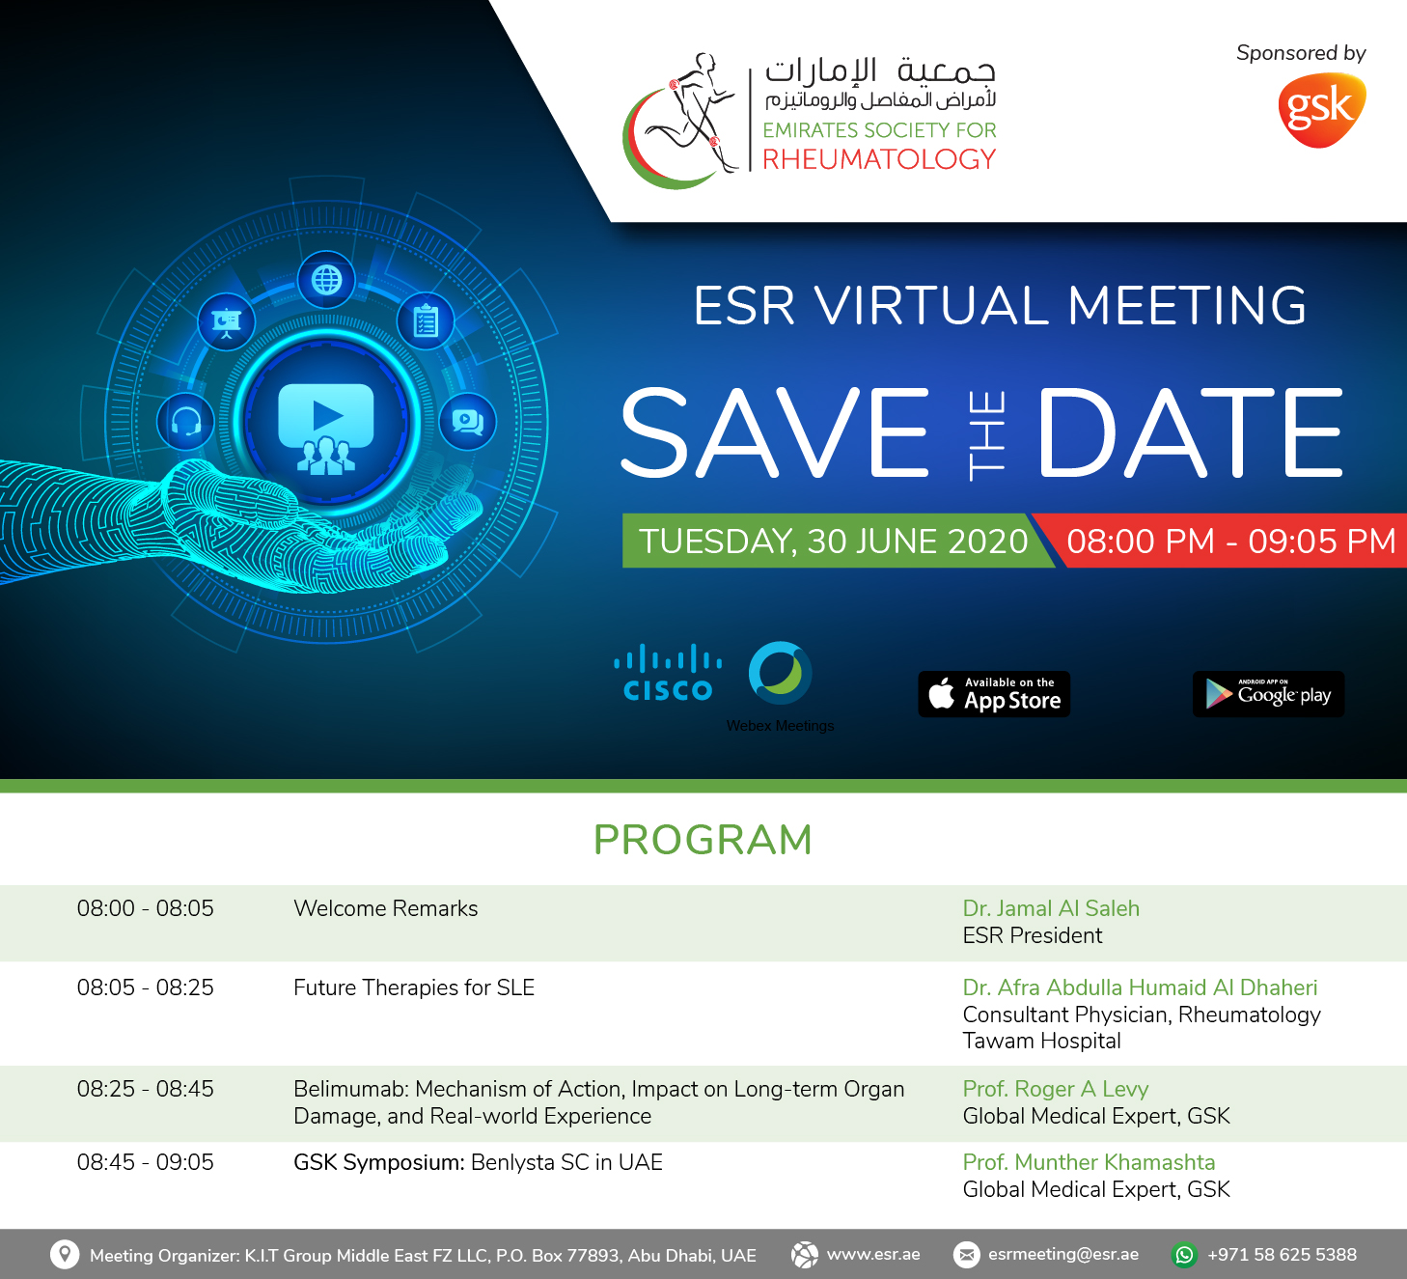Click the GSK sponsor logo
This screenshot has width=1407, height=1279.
tap(1321, 110)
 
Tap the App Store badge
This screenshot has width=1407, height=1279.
tap(994, 694)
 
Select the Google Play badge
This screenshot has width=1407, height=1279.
tap(1268, 694)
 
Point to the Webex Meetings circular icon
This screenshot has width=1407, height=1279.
tap(780, 672)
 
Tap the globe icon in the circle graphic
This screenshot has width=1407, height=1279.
tap(326, 280)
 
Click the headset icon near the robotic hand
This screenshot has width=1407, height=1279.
tap(186, 422)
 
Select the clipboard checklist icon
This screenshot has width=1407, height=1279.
tap(426, 321)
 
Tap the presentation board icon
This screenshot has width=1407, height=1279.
tap(226, 321)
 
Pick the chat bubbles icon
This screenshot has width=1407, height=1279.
tap(467, 422)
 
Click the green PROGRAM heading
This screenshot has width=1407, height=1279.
tap(703, 840)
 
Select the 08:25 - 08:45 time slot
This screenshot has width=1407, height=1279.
tap(145, 1089)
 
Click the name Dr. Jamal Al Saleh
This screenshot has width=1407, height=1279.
tap(1051, 908)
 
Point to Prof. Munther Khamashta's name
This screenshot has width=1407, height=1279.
tap(1089, 1162)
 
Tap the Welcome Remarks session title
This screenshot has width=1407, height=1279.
tap(386, 908)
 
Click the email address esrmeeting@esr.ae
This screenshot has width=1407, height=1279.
tap(1063, 1255)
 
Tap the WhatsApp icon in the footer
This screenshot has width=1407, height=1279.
tap(1185, 1255)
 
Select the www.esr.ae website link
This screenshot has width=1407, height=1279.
tap(873, 1255)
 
